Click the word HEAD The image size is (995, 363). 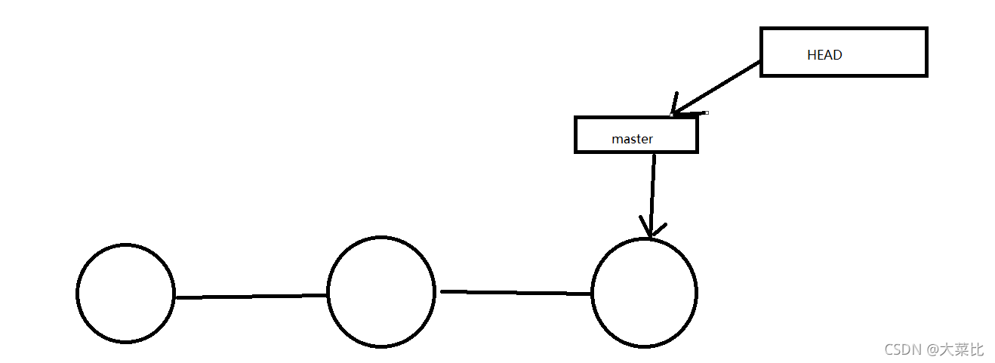824,55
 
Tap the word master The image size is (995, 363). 632,140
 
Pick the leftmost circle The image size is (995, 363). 125,293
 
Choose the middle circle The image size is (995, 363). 381,291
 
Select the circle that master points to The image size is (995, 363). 644,293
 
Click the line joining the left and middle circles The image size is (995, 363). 251,297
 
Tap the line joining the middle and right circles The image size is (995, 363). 516,292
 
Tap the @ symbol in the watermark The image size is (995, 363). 932,350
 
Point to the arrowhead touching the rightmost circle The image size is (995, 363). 652,229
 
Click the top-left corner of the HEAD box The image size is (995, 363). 761,29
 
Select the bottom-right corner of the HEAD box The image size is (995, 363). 926,75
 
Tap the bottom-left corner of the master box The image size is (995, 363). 576,152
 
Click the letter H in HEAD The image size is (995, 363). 812,55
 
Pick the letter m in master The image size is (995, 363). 616,140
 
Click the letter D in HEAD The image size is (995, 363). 837,55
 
